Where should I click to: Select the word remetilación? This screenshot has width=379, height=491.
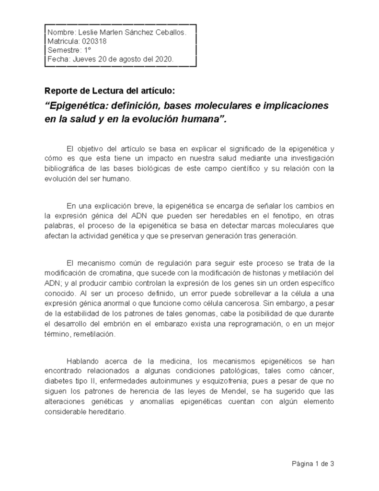pos(93,335)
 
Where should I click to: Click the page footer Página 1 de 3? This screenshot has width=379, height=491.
pos(312,464)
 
